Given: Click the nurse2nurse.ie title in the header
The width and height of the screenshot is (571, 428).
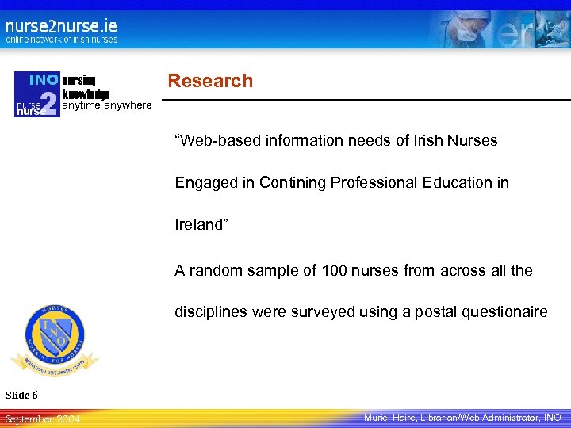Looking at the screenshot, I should (61, 25).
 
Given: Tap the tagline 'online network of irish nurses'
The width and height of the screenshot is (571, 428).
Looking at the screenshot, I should (61, 40).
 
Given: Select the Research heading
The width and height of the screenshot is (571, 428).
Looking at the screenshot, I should (210, 81).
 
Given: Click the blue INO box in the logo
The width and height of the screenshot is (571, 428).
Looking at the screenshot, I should (43, 80).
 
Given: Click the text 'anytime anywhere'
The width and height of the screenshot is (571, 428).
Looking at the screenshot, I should (107, 105).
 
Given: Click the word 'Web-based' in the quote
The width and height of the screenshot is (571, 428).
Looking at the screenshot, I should (217, 141).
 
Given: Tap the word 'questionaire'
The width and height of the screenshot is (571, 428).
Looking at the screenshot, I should (504, 312).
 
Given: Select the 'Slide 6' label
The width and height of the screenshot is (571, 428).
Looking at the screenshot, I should (21, 395).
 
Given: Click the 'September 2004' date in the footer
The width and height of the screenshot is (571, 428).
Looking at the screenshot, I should (42, 418).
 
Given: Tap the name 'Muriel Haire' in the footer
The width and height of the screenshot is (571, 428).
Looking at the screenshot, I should (392, 417).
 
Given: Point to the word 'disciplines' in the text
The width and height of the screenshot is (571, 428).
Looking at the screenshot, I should (210, 312).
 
